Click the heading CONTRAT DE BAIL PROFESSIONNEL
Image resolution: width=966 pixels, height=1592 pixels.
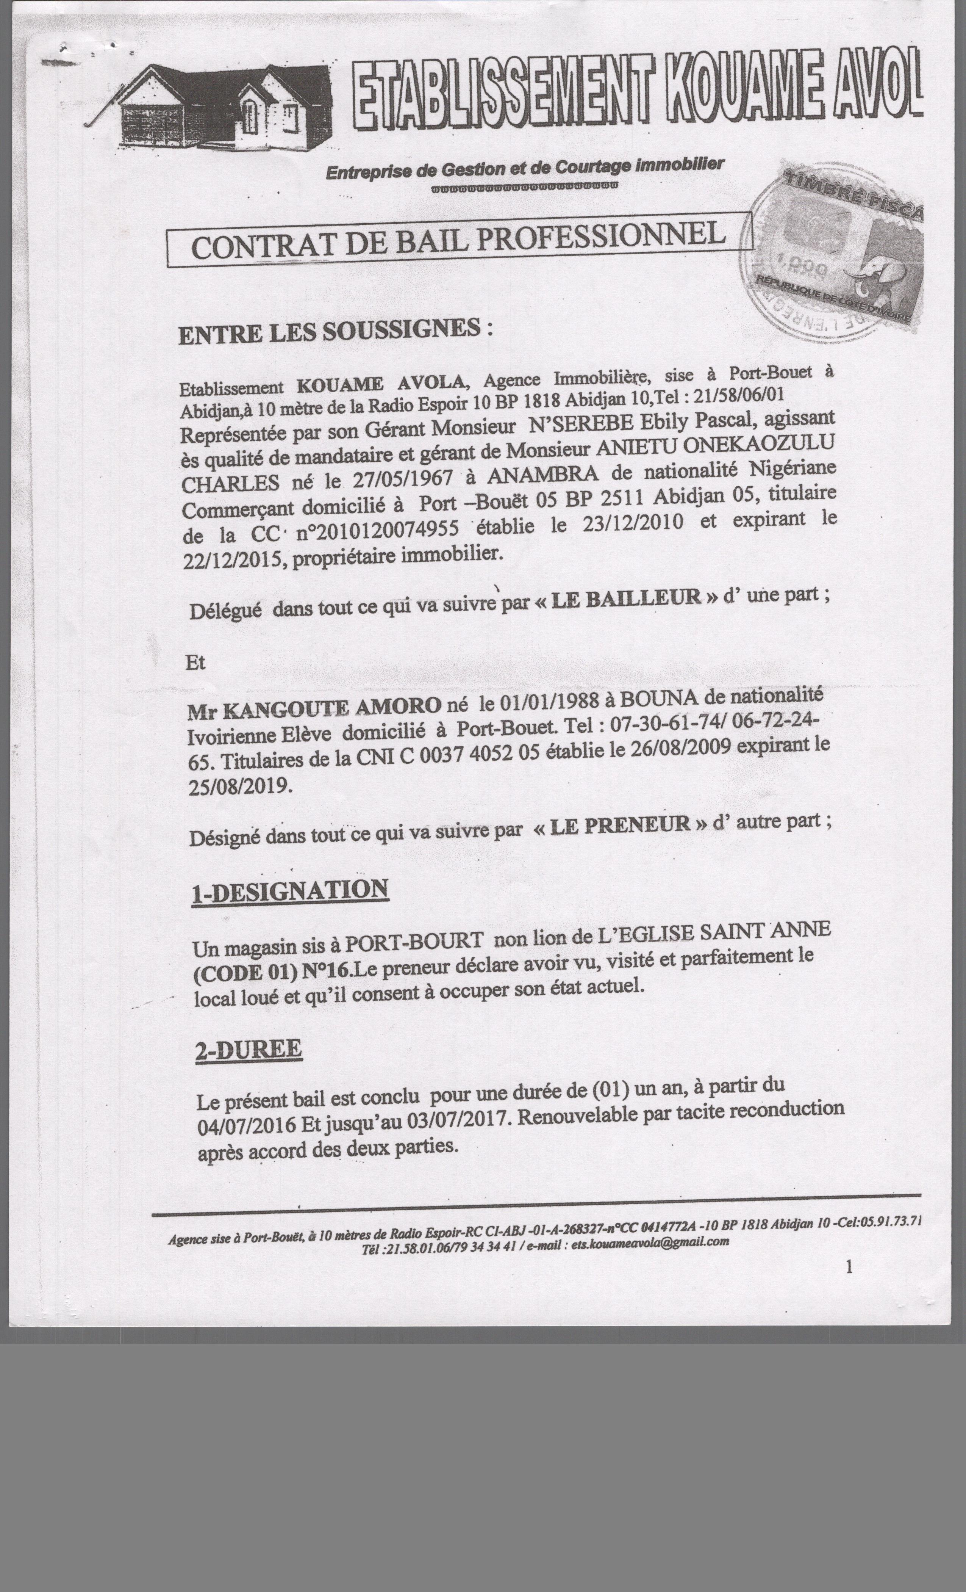tap(458, 240)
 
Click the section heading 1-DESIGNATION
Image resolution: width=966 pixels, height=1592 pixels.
tap(290, 891)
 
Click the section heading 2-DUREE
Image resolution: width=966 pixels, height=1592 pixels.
tap(249, 1049)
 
